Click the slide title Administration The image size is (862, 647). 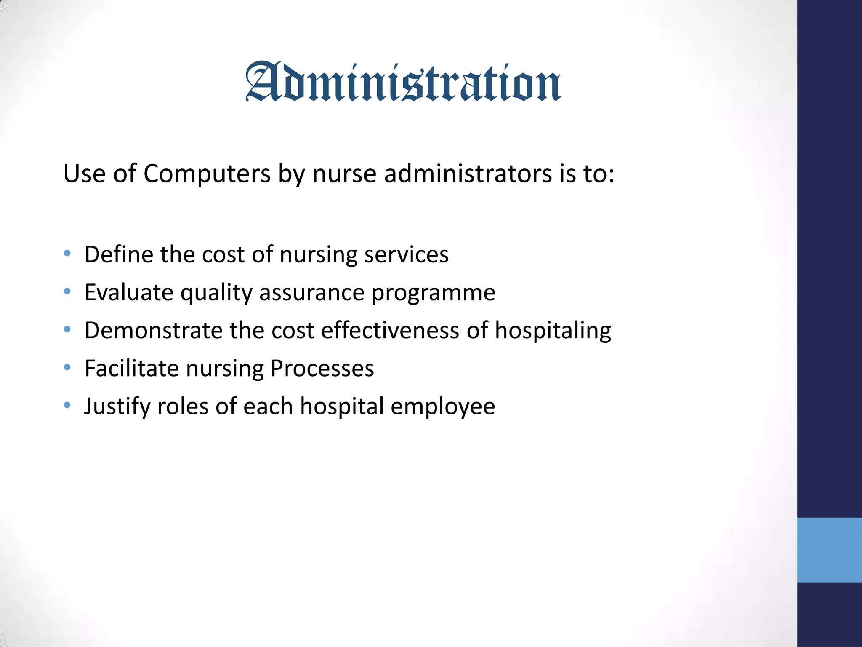[x=403, y=82]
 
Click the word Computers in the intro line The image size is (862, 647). [x=207, y=174]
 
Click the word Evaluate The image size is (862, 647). [x=129, y=292]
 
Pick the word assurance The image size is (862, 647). [x=311, y=292]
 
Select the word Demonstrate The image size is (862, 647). [x=153, y=330]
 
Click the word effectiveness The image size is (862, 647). [x=390, y=330]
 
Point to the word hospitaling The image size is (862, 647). [x=553, y=330]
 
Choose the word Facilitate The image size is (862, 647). [x=132, y=368]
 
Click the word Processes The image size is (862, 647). [x=322, y=368]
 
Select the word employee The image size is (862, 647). [x=442, y=406]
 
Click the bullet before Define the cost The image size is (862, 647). [x=67, y=254]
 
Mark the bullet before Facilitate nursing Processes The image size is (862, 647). [x=67, y=367]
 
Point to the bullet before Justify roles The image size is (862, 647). [x=67, y=405]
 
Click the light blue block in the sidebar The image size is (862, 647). [x=829, y=550]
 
